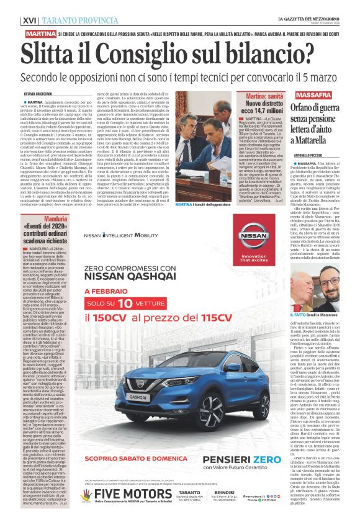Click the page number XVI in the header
point(28,20)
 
